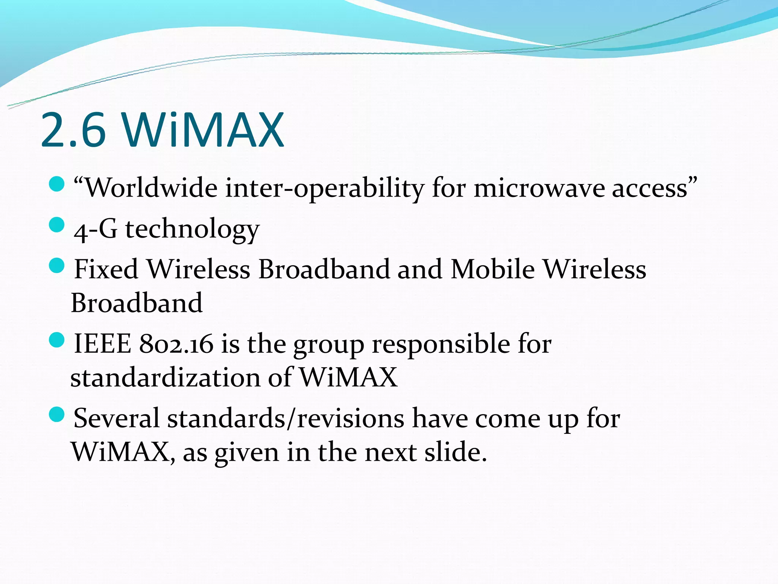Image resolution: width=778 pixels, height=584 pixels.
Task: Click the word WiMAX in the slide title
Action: (x=203, y=130)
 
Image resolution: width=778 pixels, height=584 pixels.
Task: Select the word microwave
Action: (x=539, y=188)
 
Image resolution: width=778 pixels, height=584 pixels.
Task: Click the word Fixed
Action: (x=106, y=269)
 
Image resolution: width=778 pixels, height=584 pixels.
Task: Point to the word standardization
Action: (x=165, y=378)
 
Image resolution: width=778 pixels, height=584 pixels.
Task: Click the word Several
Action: (x=116, y=418)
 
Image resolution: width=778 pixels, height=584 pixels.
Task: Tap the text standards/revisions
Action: (x=286, y=418)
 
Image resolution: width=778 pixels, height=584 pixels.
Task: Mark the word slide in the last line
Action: (x=455, y=452)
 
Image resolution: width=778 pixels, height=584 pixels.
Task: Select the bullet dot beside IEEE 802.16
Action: (x=57, y=340)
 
